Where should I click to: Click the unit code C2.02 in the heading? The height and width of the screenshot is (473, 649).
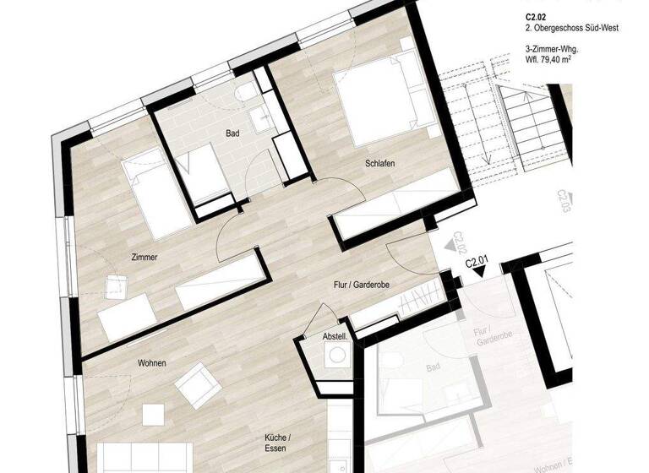pos(535,16)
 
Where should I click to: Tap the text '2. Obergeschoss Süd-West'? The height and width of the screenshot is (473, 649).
pos(572,28)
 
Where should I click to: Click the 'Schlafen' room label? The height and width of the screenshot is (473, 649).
pos(381,163)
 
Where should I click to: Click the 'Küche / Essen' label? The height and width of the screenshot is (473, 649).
pos(279,443)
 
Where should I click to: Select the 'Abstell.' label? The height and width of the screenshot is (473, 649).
pos(335,336)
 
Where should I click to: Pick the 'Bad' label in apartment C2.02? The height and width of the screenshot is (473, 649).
pos(232,133)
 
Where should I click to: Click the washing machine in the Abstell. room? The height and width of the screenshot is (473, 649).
pos(336,357)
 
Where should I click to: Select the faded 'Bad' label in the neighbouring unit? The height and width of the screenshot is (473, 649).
pos(434,368)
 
